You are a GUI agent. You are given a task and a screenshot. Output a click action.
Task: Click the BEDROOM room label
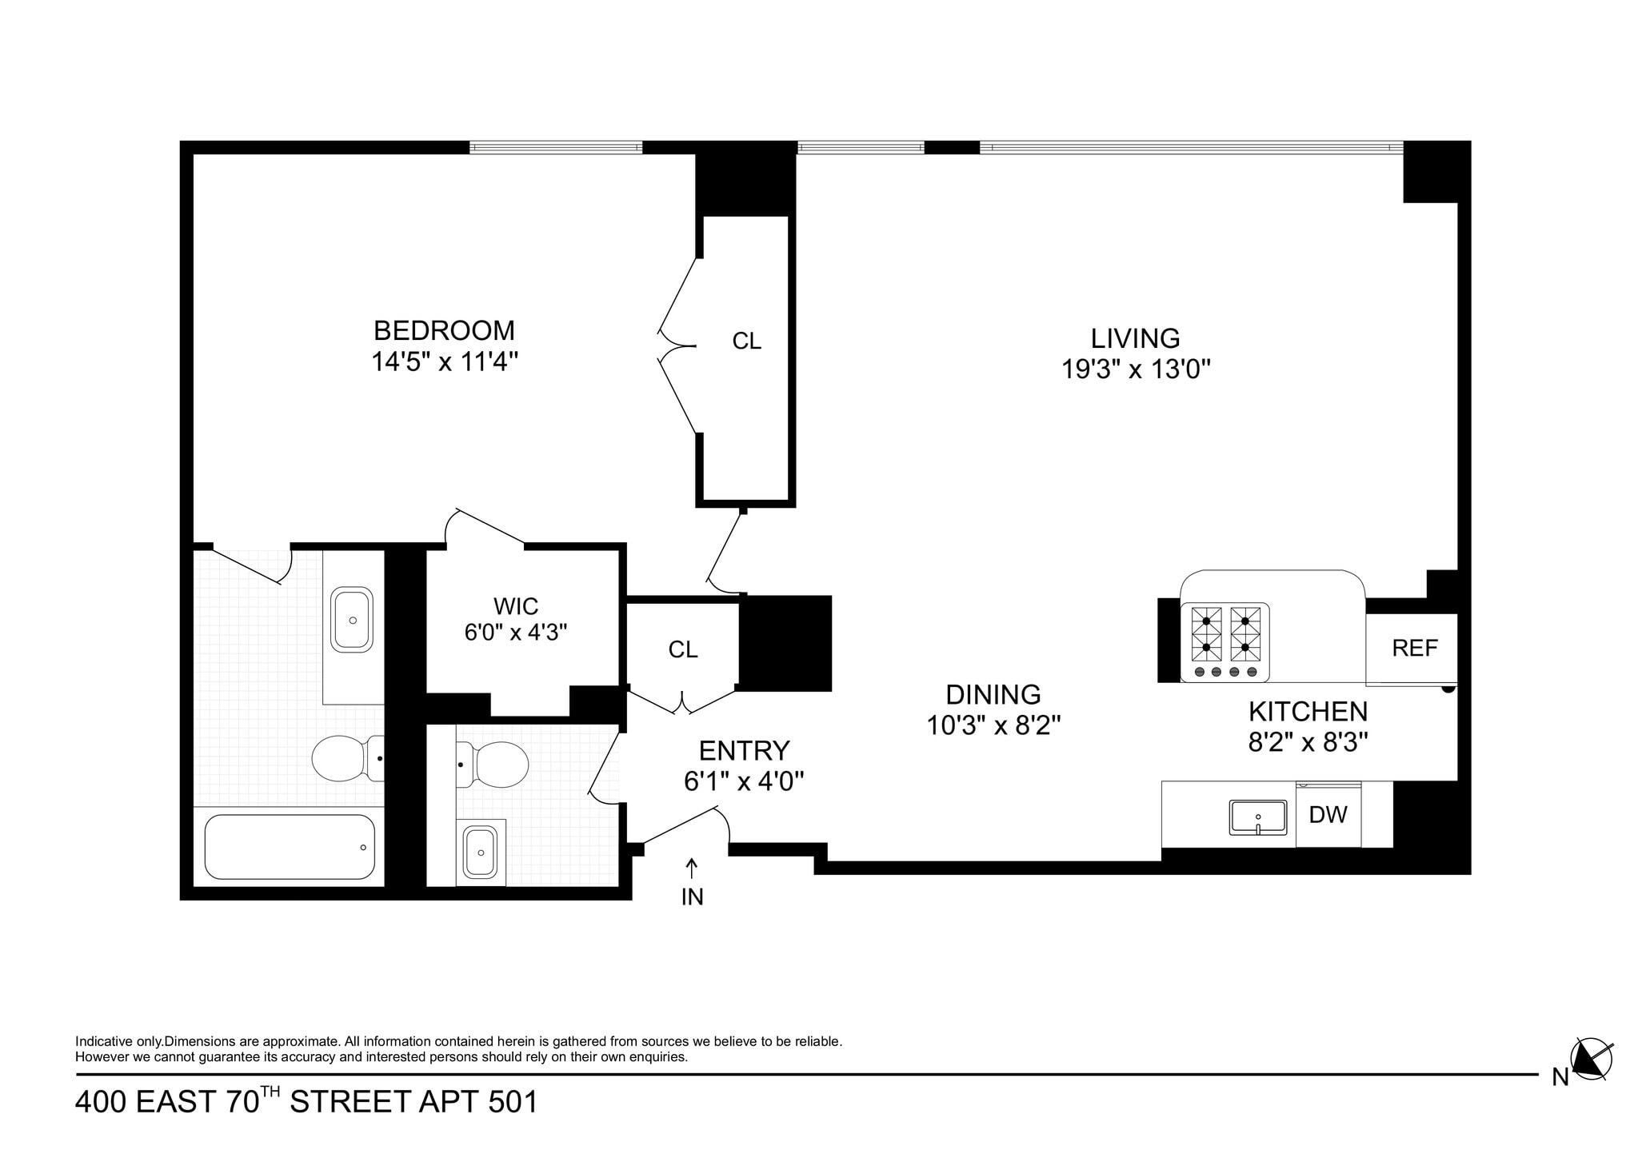pyautogui.click(x=444, y=330)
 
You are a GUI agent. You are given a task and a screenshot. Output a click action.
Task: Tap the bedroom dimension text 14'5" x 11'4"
pyautogui.click(x=445, y=362)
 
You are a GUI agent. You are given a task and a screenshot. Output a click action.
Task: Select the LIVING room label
pyautogui.click(x=1135, y=338)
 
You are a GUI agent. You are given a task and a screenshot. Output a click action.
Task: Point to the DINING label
pyautogui.click(x=993, y=694)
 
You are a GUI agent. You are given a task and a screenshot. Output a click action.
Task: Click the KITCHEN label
pyautogui.click(x=1308, y=711)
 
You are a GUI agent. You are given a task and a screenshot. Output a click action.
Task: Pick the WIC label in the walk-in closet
pyautogui.click(x=516, y=605)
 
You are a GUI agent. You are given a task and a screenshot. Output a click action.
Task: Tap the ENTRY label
pyautogui.click(x=744, y=750)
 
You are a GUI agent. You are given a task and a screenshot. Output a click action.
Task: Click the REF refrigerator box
pyautogui.click(x=1411, y=649)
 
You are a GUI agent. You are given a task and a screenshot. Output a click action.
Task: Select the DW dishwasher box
pyautogui.click(x=1328, y=814)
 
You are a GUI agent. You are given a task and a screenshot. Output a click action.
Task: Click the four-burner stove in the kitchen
pyautogui.click(x=1225, y=642)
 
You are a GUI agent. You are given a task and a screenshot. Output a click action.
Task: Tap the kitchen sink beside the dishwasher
pyautogui.click(x=1258, y=817)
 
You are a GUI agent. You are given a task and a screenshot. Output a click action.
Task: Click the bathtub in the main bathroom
pyautogui.click(x=290, y=847)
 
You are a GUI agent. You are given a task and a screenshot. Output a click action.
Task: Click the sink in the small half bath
pyautogui.click(x=481, y=853)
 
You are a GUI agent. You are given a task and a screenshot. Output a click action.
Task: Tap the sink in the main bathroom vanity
pyautogui.click(x=353, y=620)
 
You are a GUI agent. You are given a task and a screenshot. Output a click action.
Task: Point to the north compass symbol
pyautogui.click(x=1591, y=1061)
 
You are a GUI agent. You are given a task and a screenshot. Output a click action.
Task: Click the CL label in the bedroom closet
pyautogui.click(x=746, y=341)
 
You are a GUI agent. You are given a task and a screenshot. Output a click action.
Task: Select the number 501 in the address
pyautogui.click(x=513, y=1102)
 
